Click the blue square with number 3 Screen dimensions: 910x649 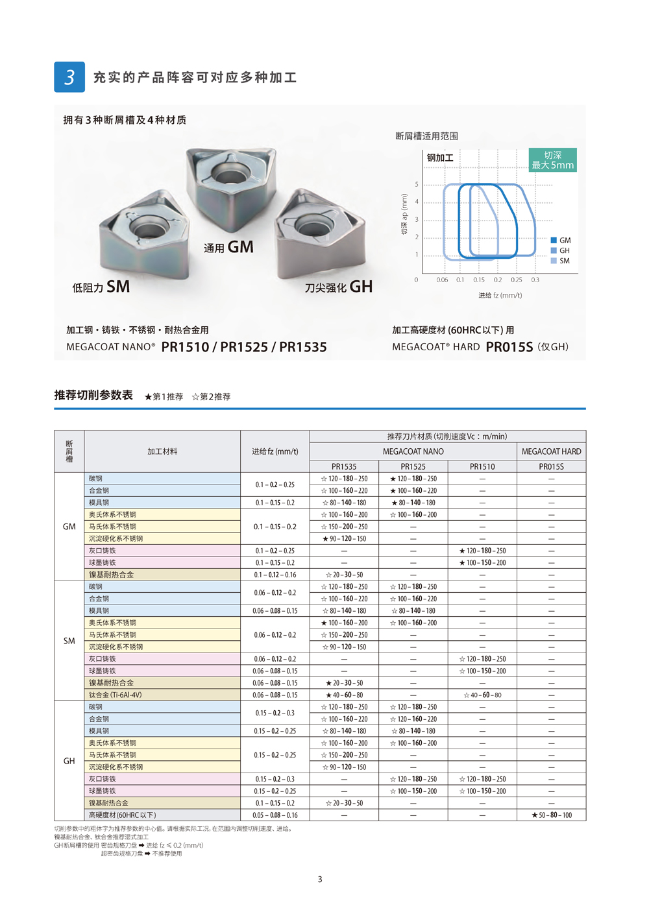[x=69, y=77]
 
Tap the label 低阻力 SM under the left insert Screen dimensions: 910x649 [x=101, y=287]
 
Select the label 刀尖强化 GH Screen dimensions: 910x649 [x=339, y=287]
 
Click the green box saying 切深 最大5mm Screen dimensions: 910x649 [x=552, y=160]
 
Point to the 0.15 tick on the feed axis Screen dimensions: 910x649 [x=479, y=280]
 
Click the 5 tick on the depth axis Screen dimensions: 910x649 [x=417, y=185]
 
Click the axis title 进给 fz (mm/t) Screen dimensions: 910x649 [x=500, y=295]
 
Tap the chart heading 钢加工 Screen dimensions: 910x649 [x=440, y=158]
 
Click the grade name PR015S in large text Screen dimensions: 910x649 [x=509, y=347]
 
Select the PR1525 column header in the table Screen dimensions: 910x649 [x=413, y=466]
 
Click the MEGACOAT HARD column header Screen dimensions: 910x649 [x=551, y=451]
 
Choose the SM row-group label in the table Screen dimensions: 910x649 [x=69, y=641]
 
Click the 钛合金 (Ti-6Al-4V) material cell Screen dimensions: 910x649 [x=116, y=695]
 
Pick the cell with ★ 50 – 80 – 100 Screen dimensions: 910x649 [x=551, y=815]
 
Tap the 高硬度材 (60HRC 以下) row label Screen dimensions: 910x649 [x=123, y=815]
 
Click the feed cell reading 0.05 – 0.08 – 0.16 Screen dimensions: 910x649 [x=275, y=815]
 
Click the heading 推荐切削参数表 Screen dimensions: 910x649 [x=93, y=395]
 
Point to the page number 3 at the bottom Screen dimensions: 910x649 [x=320, y=880]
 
